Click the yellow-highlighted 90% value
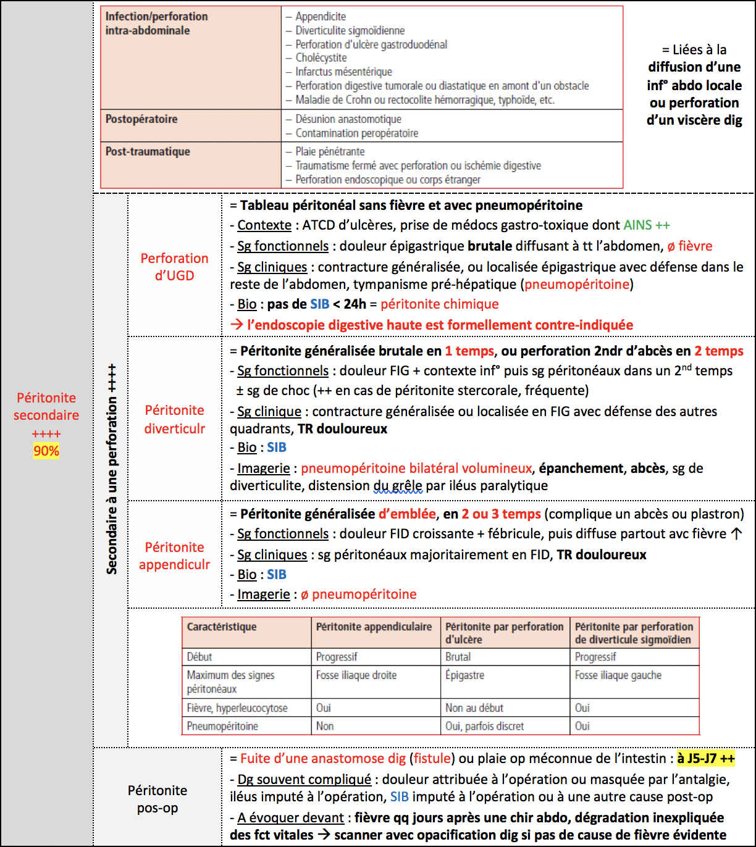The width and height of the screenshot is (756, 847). click(x=46, y=451)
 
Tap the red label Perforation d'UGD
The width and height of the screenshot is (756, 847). click(x=174, y=267)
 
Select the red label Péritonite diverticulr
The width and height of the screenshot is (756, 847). click(x=175, y=419)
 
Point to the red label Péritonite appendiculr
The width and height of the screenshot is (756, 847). click(x=175, y=556)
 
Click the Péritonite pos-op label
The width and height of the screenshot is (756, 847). click(x=157, y=799)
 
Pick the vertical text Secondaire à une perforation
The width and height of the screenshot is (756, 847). click(x=112, y=469)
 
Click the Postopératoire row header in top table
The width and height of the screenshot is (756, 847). click(x=141, y=119)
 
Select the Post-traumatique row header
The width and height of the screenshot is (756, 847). click(x=148, y=152)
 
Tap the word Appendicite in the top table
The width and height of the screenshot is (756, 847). click(x=321, y=17)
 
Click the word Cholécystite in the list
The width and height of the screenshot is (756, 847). click(x=321, y=58)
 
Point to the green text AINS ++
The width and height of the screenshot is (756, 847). click(x=646, y=225)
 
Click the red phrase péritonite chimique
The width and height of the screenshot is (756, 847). click(x=439, y=304)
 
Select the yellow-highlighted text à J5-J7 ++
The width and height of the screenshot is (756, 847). click(x=706, y=759)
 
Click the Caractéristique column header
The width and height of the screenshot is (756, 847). click(x=222, y=627)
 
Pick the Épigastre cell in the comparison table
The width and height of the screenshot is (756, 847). click(x=465, y=675)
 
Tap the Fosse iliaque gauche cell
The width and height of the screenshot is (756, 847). click(x=618, y=675)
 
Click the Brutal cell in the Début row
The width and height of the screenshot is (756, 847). click(x=458, y=657)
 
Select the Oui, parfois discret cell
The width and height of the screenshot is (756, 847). click(x=484, y=726)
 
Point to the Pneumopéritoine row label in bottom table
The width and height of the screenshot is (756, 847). click(x=222, y=726)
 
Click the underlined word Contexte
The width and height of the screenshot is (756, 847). click(x=264, y=225)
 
